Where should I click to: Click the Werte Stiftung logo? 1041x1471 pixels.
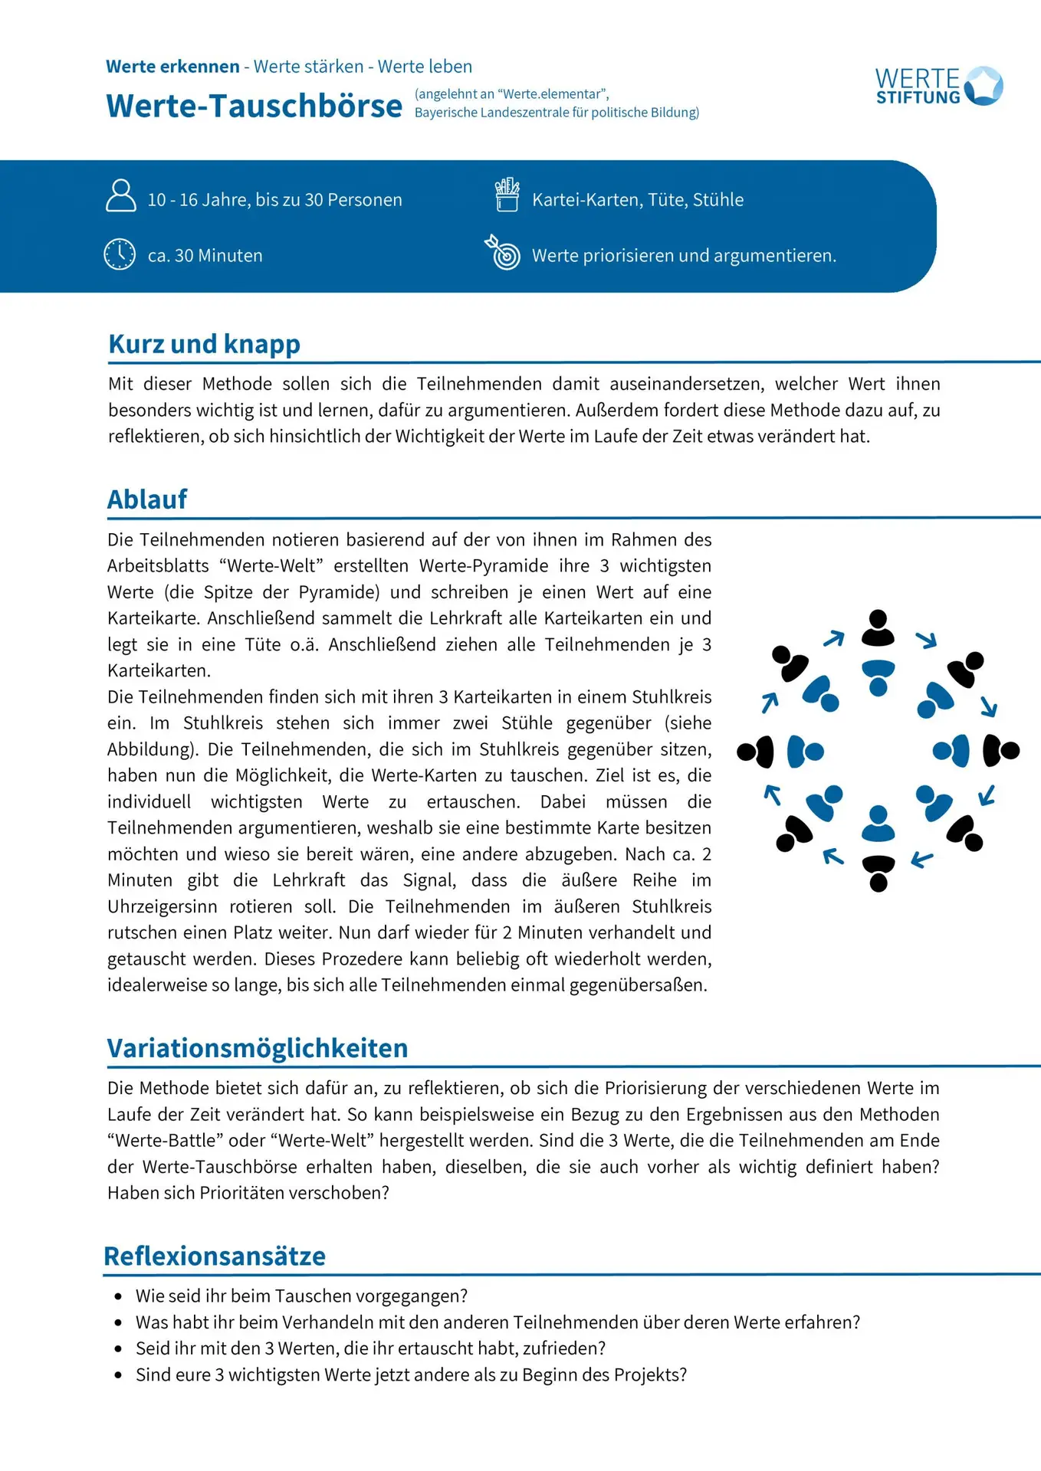pos(939,86)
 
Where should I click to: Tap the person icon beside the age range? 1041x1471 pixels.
pos(120,195)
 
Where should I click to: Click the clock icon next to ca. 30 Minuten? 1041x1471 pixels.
pos(120,254)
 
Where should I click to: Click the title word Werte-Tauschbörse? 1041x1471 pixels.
pos(254,106)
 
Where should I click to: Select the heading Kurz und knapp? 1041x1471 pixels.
pos(204,344)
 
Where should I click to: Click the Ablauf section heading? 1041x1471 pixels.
pos(147,500)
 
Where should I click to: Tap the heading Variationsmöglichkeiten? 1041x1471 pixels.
pos(258,1048)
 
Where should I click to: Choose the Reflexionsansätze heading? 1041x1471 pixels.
pos(215,1256)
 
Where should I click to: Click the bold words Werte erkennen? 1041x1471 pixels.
pos(172,67)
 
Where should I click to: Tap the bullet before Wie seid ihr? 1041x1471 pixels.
pos(118,1296)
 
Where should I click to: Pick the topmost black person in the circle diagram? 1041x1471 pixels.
pos(878,627)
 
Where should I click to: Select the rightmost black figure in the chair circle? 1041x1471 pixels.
pos(1000,751)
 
